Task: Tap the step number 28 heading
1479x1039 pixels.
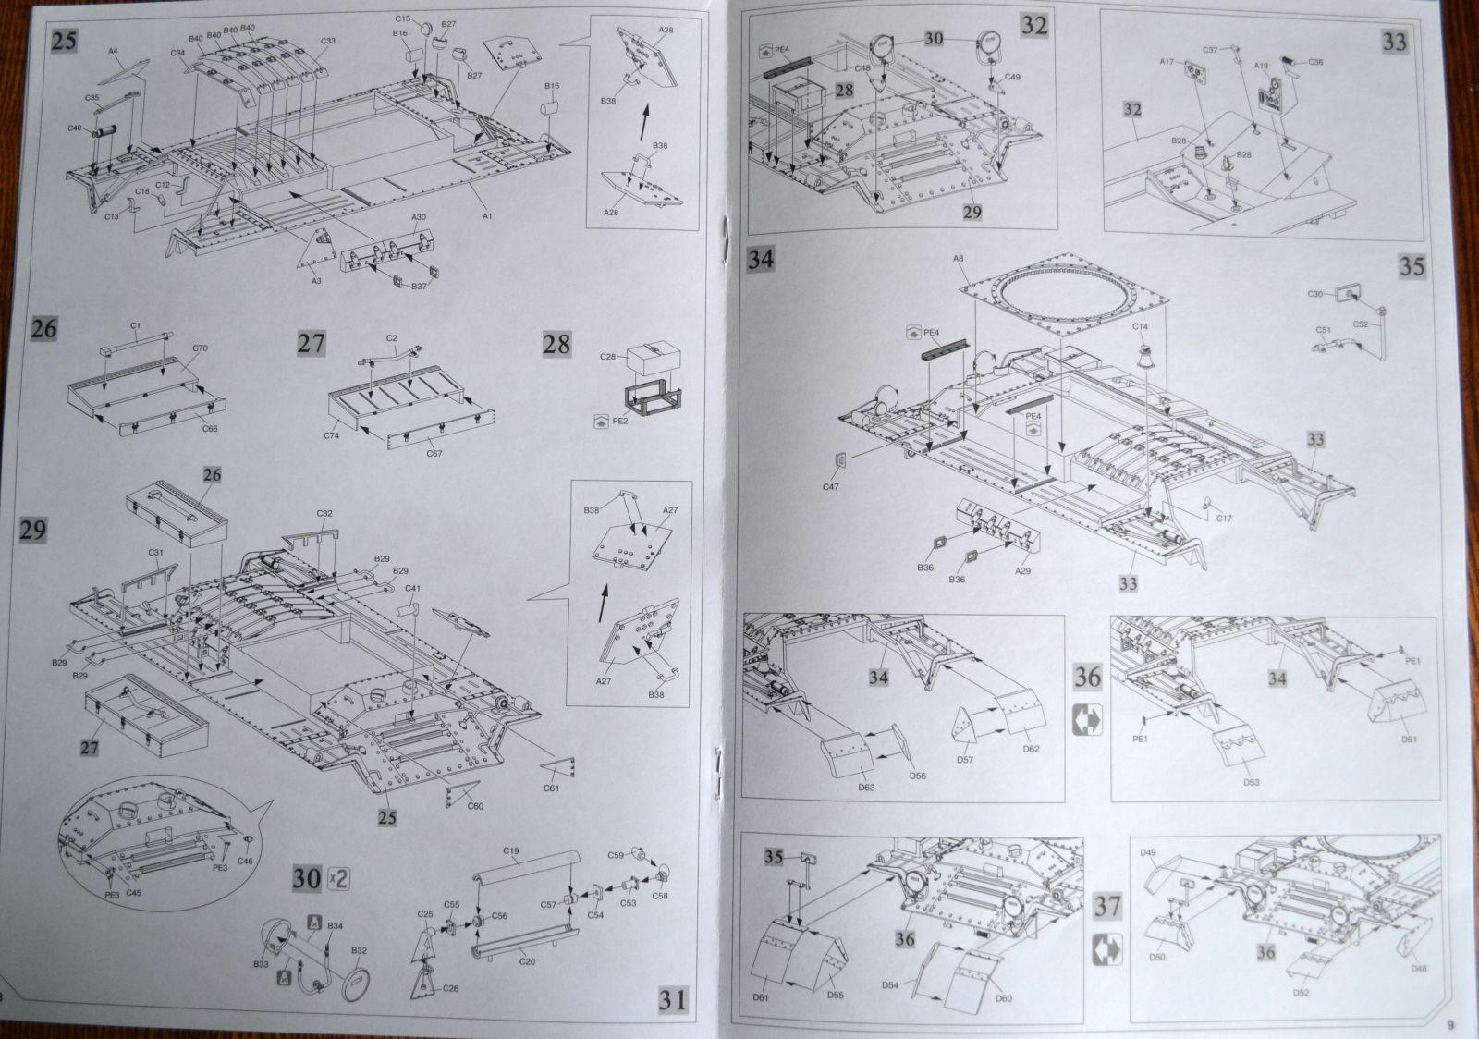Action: click(556, 345)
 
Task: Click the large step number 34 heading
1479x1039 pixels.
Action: click(761, 260)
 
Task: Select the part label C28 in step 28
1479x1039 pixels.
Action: click(607, 356)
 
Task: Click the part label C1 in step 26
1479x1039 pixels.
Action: click(134, 325)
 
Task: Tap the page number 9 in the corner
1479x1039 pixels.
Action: click(1450, 1023)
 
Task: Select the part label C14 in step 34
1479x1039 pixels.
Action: click(1140, 327)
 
